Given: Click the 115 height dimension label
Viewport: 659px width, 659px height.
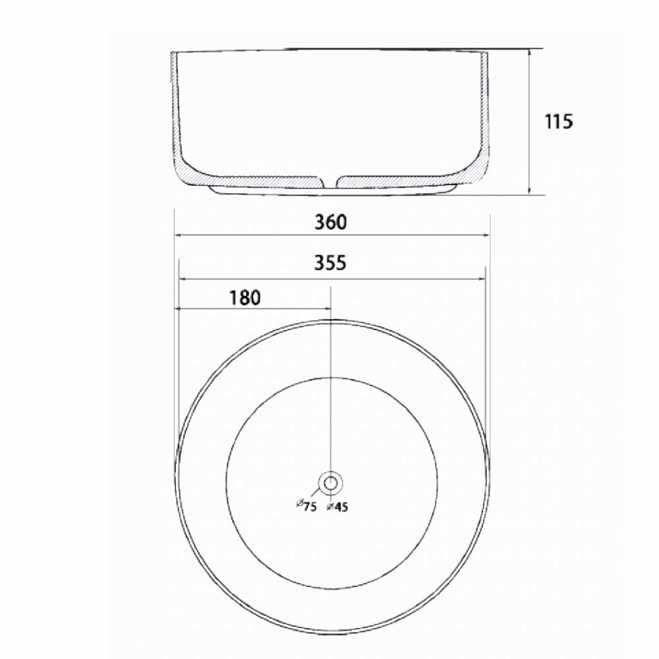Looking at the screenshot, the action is pos(559,122).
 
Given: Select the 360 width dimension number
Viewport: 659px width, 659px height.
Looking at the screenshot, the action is pos(331,222).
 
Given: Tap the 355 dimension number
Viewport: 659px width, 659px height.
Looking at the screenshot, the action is pos(330,263).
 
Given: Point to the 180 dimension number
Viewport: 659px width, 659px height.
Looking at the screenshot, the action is pos(244,298).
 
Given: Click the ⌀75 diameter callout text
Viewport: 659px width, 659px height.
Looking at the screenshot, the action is pos(306,505).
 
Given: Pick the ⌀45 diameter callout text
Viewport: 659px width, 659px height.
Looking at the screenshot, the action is pos(337,507).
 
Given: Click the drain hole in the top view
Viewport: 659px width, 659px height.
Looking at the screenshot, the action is pos(330,483).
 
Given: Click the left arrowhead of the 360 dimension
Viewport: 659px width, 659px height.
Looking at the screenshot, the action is pos(178,235).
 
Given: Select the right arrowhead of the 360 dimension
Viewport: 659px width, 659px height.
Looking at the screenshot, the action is pos(486,235).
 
